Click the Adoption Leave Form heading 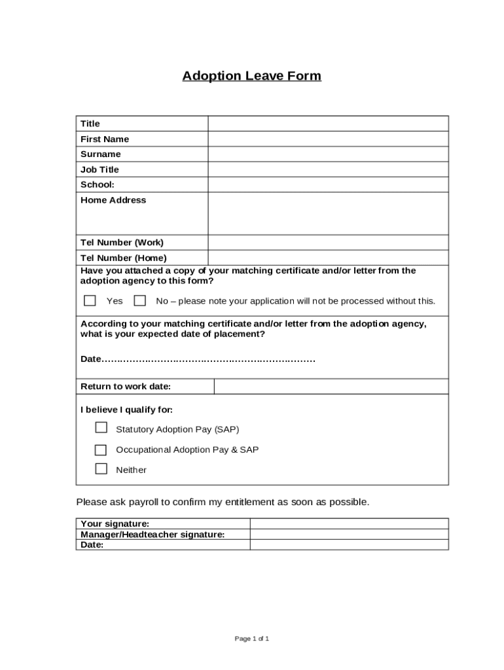pos(252,76)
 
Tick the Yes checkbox pos(90,301)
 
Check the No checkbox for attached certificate pos(139,301)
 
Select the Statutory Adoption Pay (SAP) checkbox pos(101,428)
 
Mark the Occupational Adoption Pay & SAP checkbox pos(101,450)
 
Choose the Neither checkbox pos(101,468)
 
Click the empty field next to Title pos(328,124)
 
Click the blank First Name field pos(328,139)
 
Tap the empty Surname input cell pos(328,154)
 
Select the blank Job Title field pos(328,169)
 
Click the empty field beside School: pos(328,185)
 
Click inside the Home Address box pos(328,213)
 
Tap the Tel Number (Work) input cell pos(328,242)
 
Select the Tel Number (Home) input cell pos(328,257)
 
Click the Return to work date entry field pos(331,387)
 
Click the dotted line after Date pos(209,360)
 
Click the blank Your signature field pos(349,523)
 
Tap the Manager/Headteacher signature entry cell pos(349,534)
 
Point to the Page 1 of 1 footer pos(252,639)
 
